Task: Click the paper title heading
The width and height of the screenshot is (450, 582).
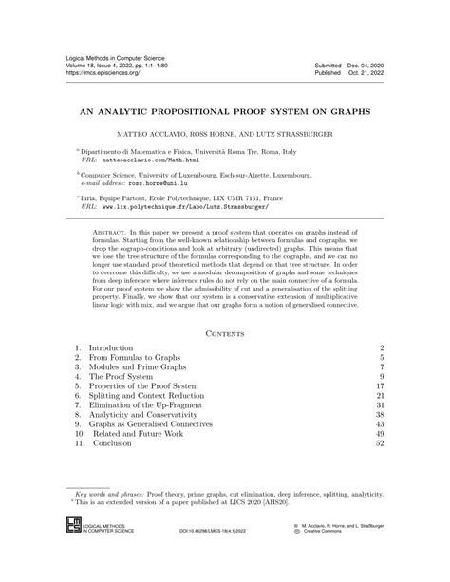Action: pyautogui.click(x=225, y=110)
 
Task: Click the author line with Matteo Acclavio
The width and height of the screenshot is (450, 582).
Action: pyautogui.click(x=225, y=135)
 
